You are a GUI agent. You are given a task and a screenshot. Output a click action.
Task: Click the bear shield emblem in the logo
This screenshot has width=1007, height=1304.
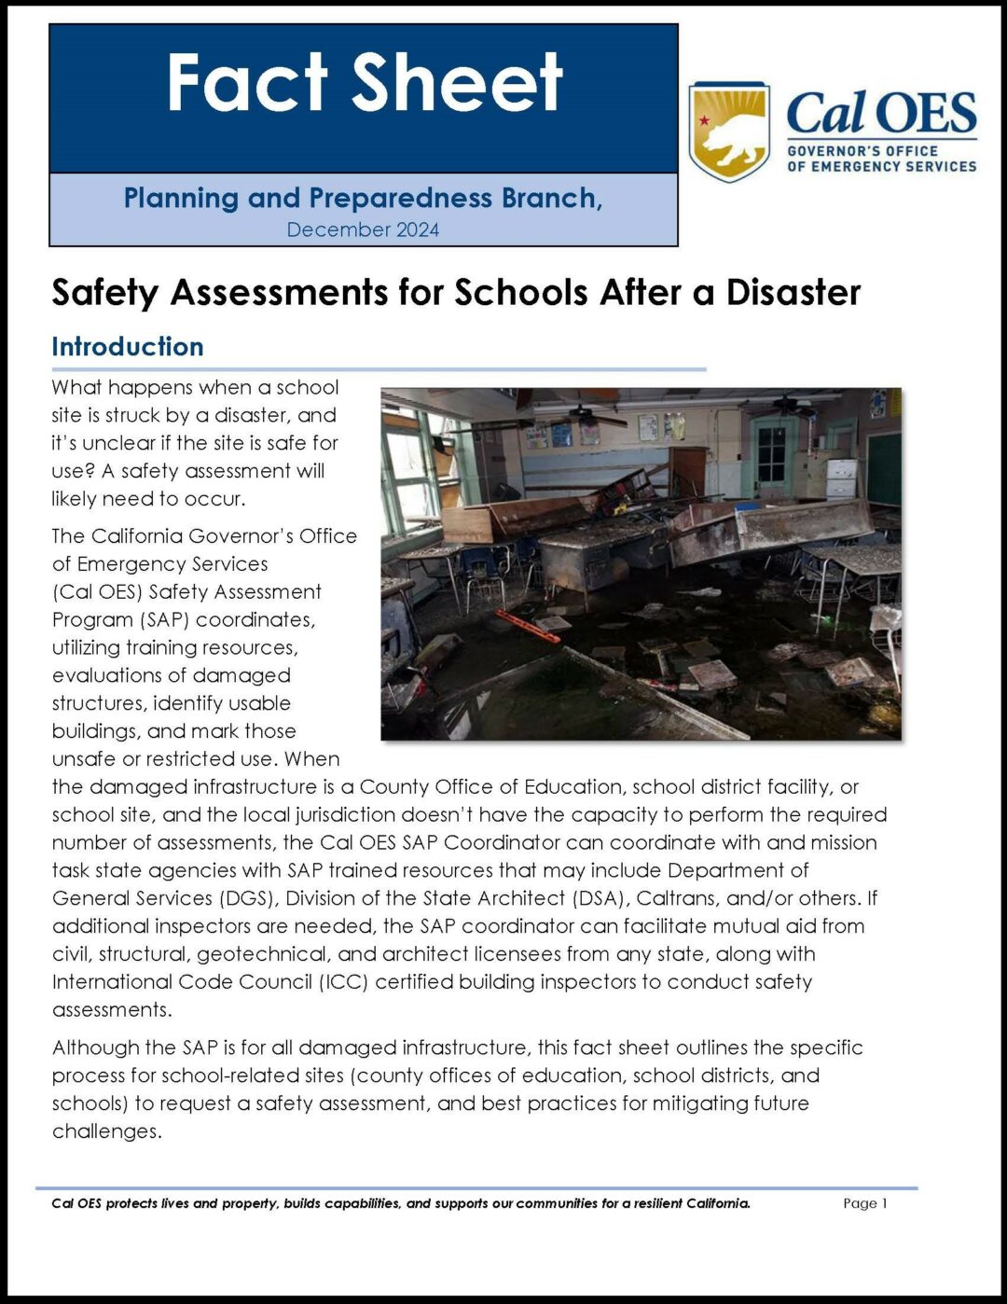click(728, 132)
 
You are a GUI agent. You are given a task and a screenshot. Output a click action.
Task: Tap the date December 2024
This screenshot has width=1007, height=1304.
click(363, 229)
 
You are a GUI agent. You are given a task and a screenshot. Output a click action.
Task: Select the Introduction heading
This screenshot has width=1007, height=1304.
click(128, 347)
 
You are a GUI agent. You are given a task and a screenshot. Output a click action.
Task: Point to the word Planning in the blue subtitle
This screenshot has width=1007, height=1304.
click(181, 198)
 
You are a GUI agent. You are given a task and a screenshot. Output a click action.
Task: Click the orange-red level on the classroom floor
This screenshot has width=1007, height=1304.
click(527, 626)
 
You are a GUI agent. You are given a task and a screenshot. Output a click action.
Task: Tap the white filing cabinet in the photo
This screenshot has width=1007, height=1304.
click(841, 478)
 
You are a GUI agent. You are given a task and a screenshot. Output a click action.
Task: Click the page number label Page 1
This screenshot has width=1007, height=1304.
click(864, 1203)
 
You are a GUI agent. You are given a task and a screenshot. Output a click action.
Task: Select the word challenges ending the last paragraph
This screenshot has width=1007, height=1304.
click(104, 1131)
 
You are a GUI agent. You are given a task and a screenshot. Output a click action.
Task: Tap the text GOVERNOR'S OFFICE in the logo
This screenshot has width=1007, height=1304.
click(862, 151)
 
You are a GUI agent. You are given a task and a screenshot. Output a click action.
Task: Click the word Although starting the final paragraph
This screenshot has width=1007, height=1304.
click(95, 1047)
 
